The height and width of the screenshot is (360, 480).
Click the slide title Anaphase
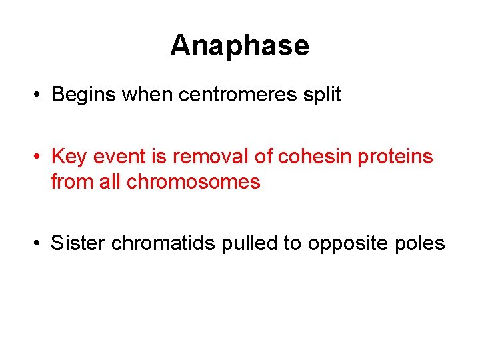[239, 46]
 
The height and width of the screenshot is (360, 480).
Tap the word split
[322, 95]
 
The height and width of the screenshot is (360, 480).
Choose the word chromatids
[163, 243]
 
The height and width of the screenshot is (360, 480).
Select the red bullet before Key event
[39, 157]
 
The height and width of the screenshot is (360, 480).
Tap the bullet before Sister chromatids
[39, 244]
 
